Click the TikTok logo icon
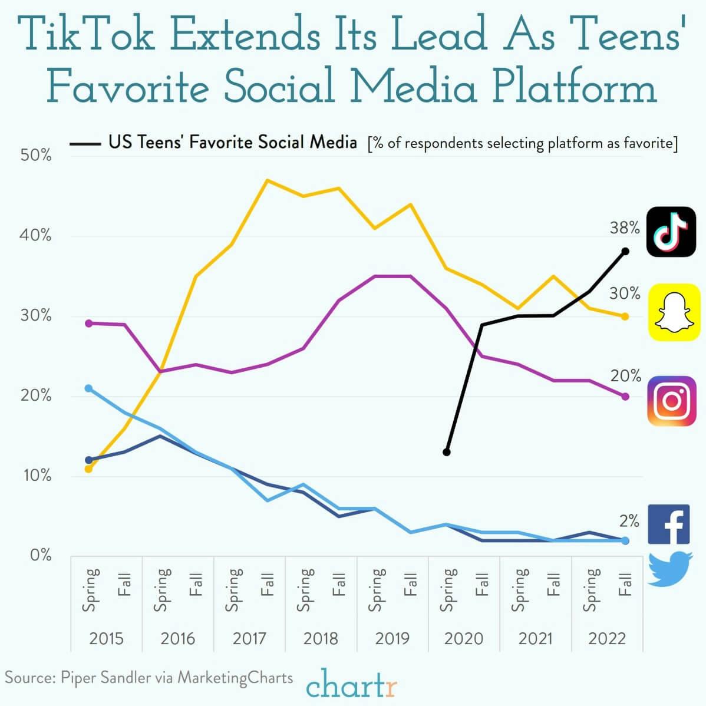coord(671,232)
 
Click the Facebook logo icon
coord(668,524)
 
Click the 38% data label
coord(624,227)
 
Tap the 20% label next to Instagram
coord(625,375)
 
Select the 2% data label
coord(629,520)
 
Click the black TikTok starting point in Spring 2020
coord(446,452)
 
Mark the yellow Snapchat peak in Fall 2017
coord(268,180)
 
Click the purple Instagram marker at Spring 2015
coord(89,323)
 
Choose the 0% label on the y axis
coord(40,555)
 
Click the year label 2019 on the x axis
coord(392,638)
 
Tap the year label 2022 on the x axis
coord(606,638)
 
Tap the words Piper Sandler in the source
coord(105,677)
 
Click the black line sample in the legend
coord(85,143)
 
